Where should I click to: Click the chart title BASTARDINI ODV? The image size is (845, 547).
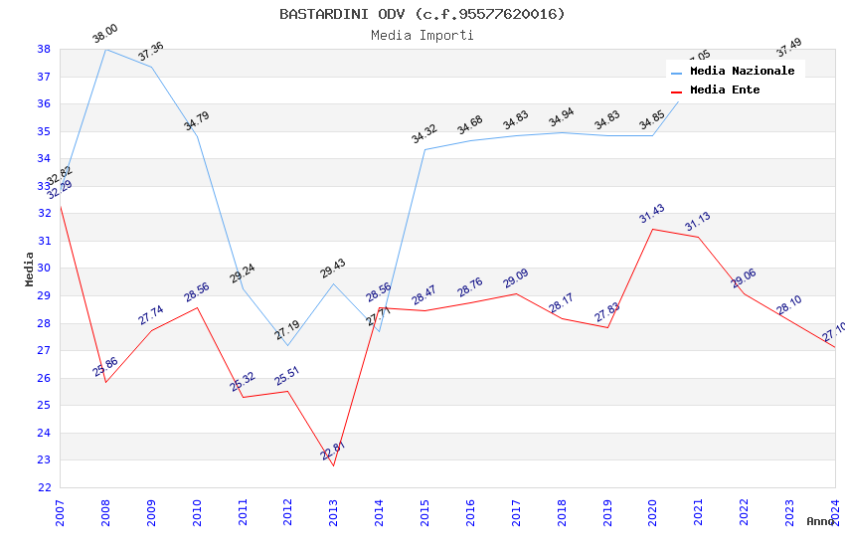(422, 14)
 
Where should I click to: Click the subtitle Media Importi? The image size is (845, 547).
(422, 36)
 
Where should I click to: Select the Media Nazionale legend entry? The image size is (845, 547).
(742, 71)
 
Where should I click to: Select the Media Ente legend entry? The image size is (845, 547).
(725, 90)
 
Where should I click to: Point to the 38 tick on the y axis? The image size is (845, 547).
(44, 49)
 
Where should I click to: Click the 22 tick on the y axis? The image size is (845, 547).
(44, 487)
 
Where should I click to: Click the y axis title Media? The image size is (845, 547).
(30, 269)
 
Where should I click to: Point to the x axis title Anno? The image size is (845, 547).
(820, 521)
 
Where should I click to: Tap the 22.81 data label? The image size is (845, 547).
(332, 451)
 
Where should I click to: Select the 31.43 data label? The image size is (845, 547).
(651, 214)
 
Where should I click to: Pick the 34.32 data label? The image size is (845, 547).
(424, 134)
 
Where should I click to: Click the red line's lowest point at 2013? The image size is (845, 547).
(333, 465)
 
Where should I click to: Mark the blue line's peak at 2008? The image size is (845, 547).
(105, 49)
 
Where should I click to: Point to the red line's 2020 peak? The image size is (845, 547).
(652, 229)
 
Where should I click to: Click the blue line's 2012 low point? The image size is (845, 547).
(287, 345)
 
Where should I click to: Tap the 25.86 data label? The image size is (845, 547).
(105, 367)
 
